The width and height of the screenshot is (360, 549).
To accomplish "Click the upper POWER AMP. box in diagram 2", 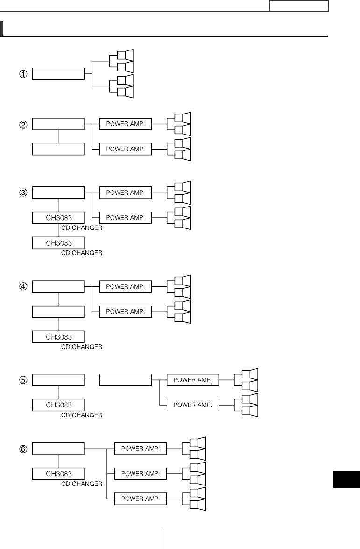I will [126, 124].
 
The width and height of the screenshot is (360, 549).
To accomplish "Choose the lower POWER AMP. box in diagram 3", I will [126, 217].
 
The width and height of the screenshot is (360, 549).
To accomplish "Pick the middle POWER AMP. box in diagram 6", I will [141, 474].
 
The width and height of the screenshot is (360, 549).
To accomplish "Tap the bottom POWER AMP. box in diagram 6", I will [141, 499].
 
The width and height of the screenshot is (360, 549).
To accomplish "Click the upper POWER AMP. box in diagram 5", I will [193, 380].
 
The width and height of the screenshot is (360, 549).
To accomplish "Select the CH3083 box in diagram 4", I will [58, 336].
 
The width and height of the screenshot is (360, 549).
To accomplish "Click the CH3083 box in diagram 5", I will [58, 405].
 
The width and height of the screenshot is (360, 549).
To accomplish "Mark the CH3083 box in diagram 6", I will [58, 473].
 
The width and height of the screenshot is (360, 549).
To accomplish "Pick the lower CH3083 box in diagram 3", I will [58, 242].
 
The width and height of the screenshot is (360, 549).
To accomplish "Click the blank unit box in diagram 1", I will [58, 74].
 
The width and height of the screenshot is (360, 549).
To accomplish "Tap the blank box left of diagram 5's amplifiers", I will [126, 380].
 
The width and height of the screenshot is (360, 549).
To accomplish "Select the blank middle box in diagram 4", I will [58, 311].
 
